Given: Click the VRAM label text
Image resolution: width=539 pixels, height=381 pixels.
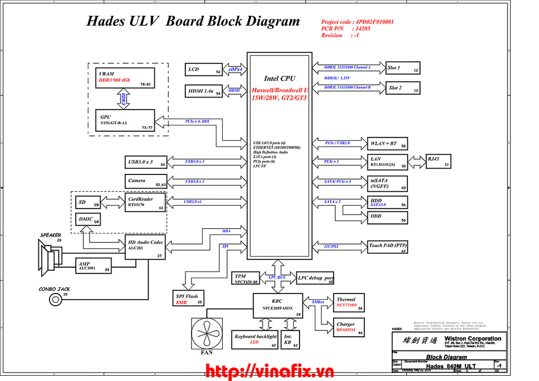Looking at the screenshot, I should (x=107, y=74).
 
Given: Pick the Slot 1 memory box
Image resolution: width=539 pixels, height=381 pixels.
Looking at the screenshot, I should (x=403, y=68).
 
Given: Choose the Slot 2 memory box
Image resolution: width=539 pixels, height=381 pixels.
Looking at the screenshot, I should (x=403, y=88).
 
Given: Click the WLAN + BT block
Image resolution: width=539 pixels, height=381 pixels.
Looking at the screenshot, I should (x=389, y=144).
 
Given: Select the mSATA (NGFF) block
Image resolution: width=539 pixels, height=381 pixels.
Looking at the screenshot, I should (x=389, y=183).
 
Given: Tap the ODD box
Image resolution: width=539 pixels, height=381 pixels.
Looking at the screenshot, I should (x=389, y=217).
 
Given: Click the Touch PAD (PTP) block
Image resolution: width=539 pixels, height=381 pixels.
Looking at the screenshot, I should (x=389, y=246).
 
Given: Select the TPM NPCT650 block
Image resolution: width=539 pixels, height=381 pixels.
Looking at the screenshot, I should (x=246, y=278).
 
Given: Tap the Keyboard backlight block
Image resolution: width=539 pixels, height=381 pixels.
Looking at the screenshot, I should (x=255, y=339).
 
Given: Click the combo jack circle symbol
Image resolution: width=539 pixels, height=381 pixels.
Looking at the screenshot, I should (x=55, y=300).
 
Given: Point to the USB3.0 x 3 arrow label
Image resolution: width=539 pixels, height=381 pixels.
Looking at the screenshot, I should (x=195, y=161).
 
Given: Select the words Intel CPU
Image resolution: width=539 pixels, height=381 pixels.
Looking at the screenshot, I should (x=280, y=79).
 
